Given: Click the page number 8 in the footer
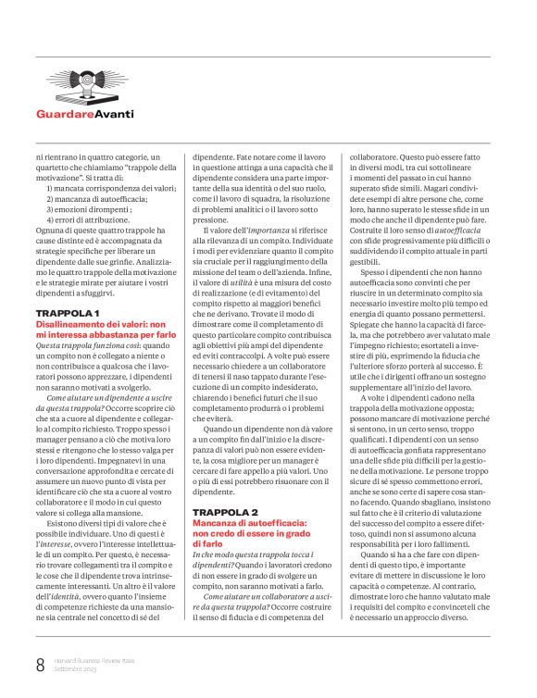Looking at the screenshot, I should (40, 664).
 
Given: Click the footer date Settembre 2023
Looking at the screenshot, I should (75, 668).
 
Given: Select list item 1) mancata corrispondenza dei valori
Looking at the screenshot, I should (110, 188).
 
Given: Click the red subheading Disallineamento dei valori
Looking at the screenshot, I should (93, 326).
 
